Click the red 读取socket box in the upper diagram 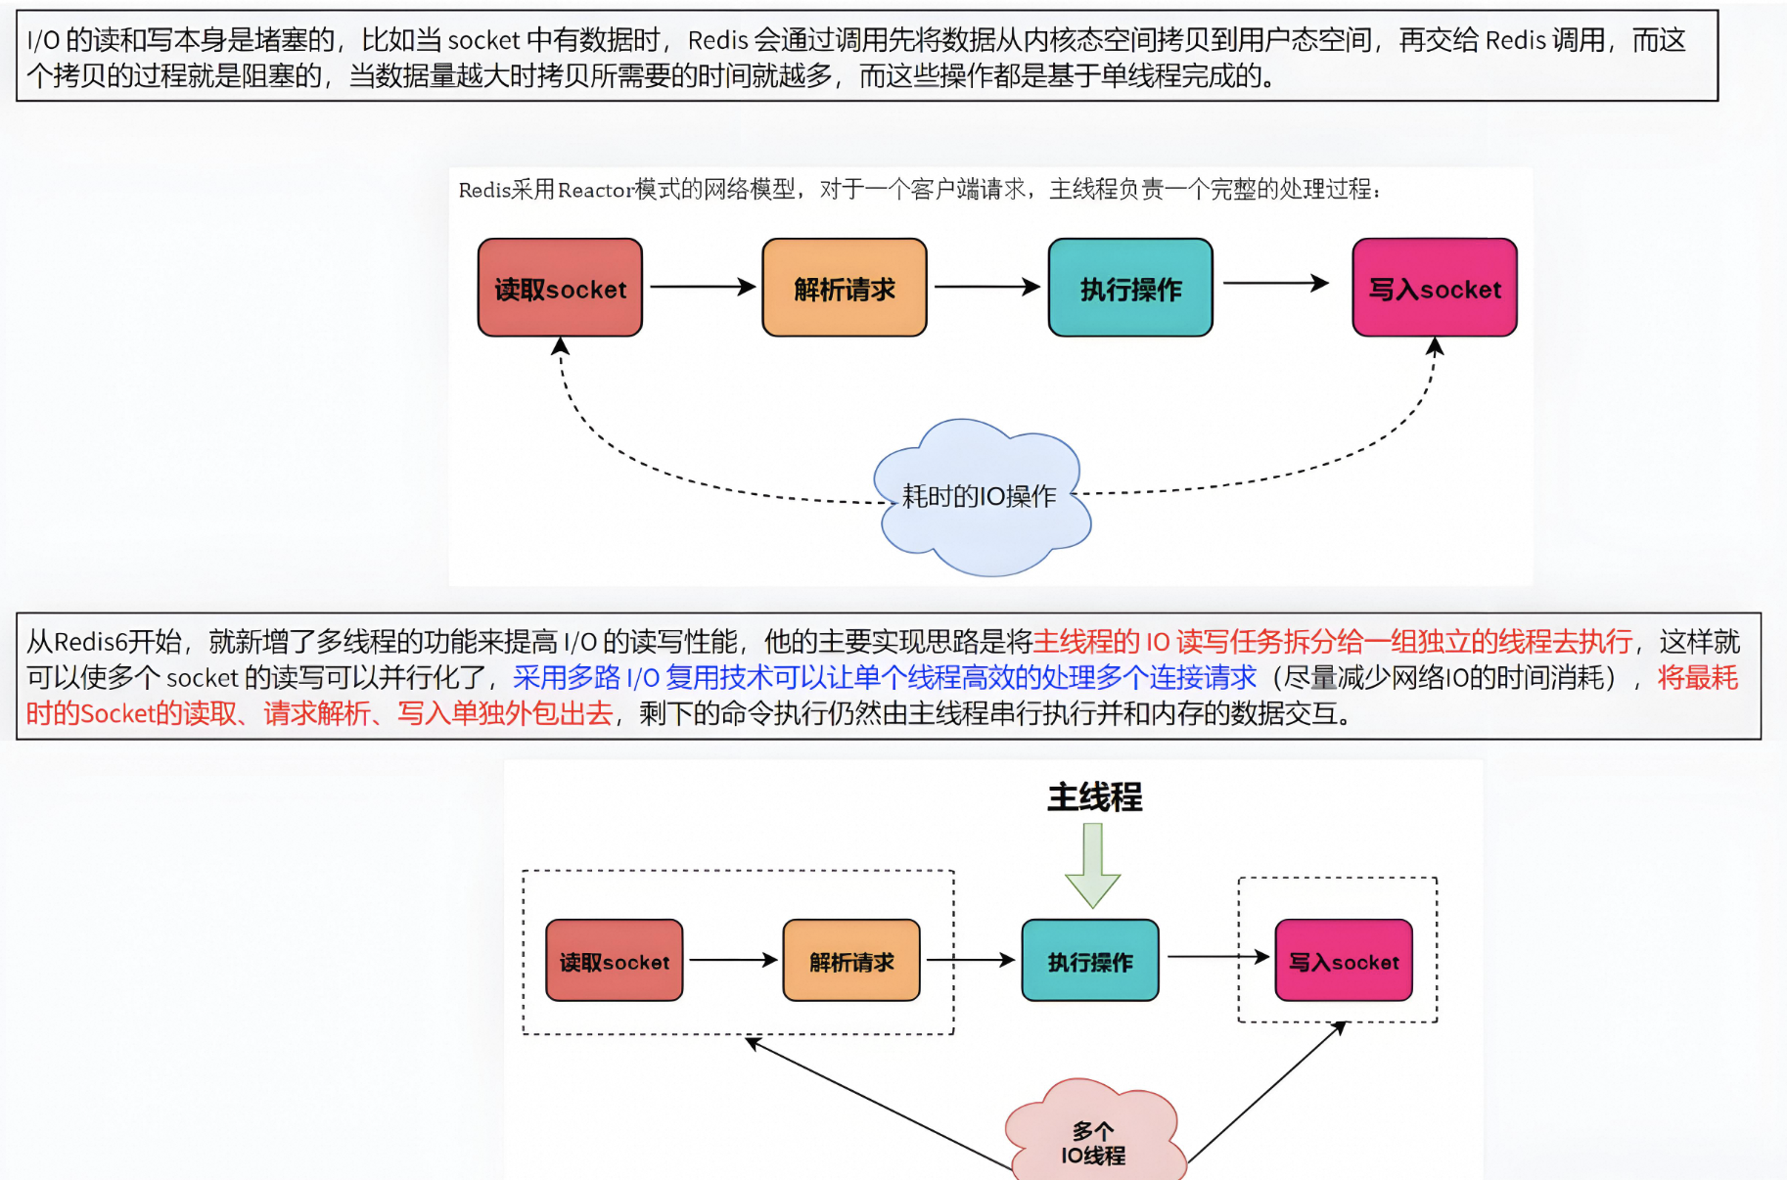[x=560, y=288]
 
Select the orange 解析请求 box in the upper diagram [x=844, y=288]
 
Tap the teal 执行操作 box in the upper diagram [x=1130, y=288]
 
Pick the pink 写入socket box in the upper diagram [x=1435, y=288]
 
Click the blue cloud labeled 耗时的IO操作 [x=982, y=497]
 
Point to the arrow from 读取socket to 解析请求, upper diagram [x=702, y=287]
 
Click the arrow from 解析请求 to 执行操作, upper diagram [x=986, y=287]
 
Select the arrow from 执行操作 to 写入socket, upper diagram [x=1275, y=283]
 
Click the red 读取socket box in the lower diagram [x=615, y=961]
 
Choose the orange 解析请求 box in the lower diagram [x=851, y=961]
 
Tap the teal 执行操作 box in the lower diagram [x=1090, y=961]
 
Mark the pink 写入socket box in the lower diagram [x=1344, y=961]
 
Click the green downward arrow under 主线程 [x=1093, y=865]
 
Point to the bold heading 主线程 [x=1094, y=797]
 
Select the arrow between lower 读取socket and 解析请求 [x=733, y=960]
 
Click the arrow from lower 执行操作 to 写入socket [x=1217, y=956]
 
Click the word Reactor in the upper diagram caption [x=596, y=190]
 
